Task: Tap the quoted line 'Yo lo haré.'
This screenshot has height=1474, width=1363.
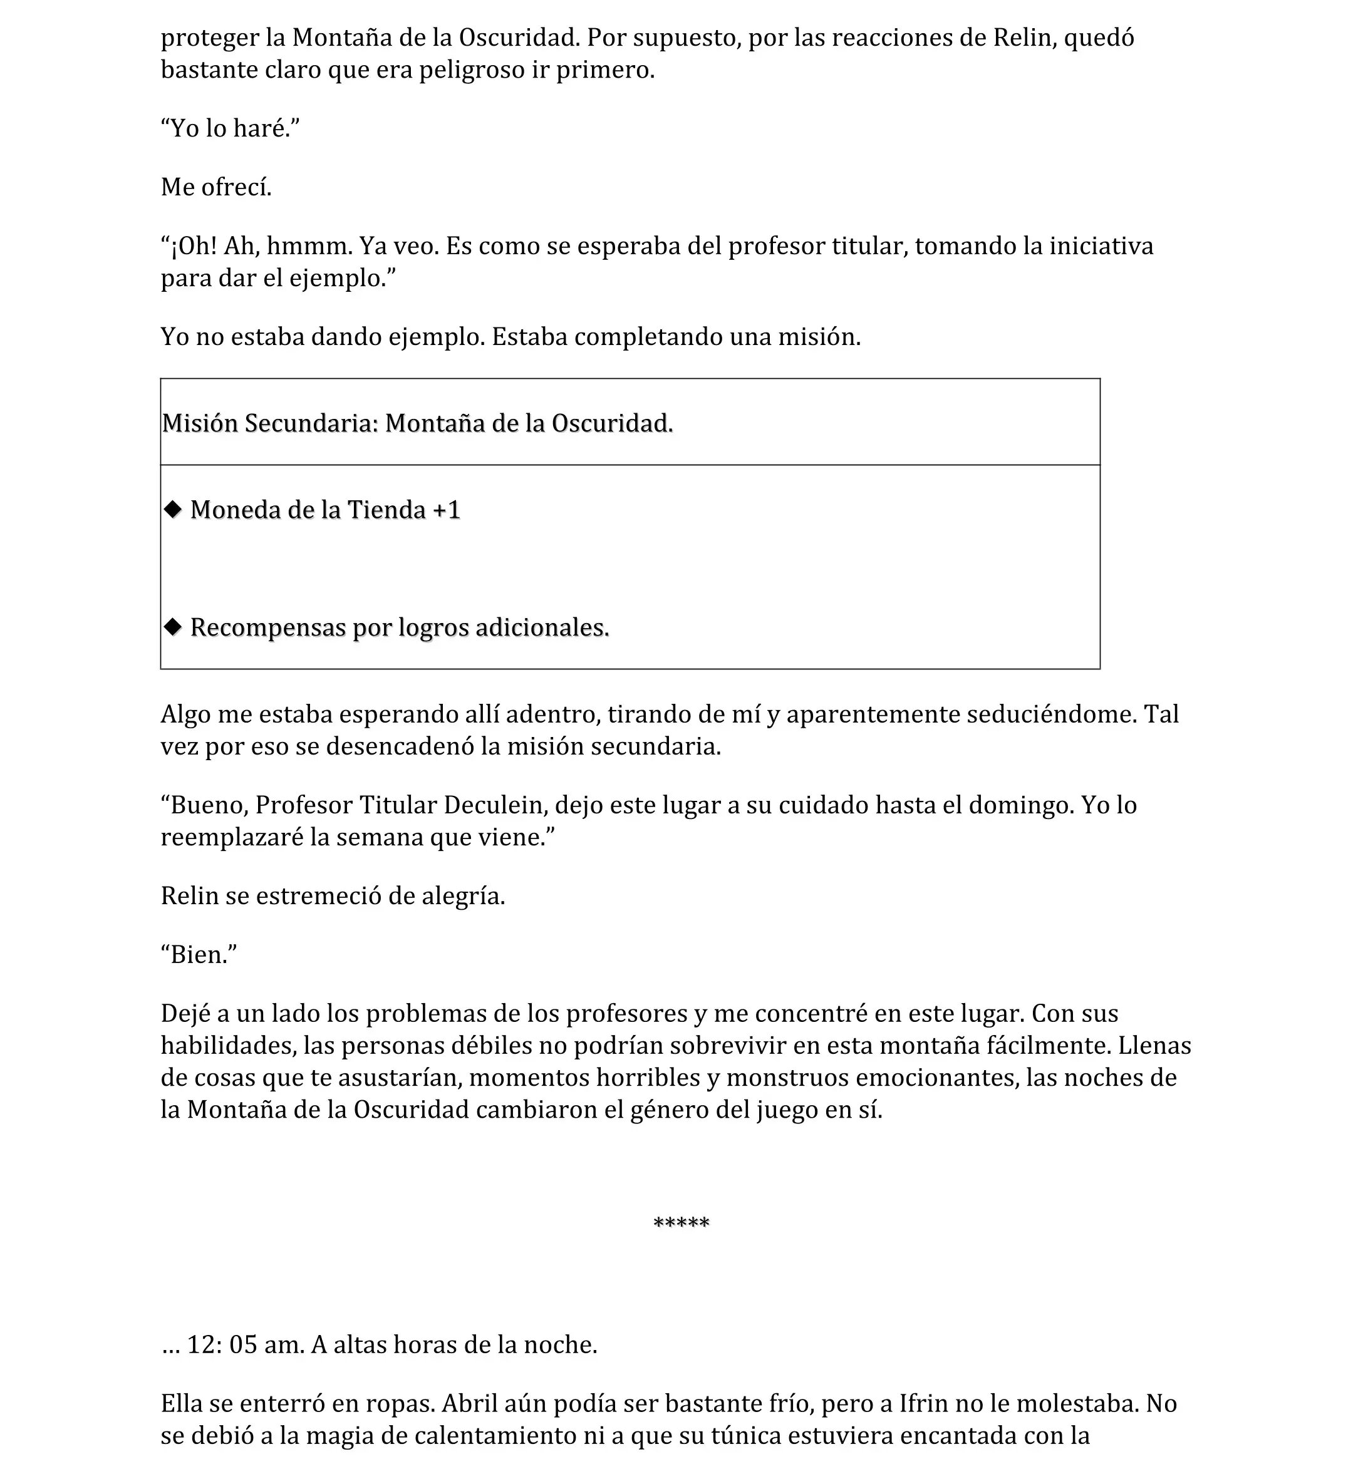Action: click(230, 128)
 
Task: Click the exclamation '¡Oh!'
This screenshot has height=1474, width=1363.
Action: click(194, 245)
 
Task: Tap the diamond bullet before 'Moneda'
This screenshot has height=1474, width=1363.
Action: click(174, 509)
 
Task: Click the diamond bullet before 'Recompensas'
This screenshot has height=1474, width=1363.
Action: click(174, 627)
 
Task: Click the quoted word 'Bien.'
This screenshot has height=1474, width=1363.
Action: click(199, 955)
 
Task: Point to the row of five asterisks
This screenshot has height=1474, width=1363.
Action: click(681, 1224)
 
